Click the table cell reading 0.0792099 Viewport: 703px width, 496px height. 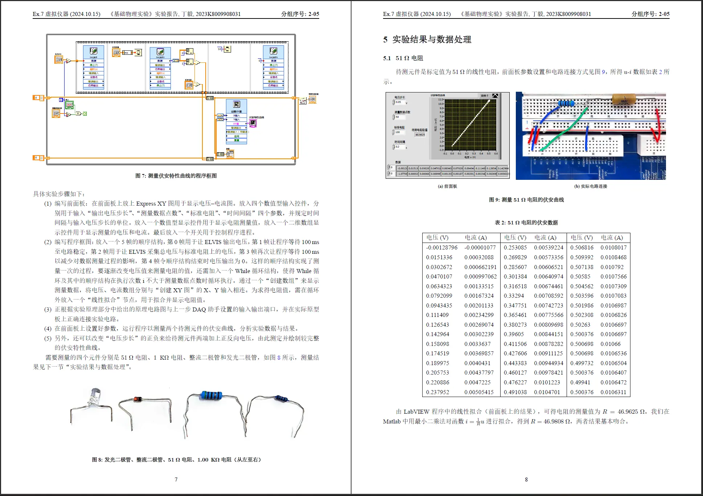coord(439,296)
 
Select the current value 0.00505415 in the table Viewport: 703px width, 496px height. coord(479,392)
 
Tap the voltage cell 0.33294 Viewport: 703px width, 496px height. coord(514,296)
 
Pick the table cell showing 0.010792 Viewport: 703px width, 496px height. coord(612,267)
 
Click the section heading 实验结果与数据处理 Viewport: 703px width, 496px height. coord(432,40)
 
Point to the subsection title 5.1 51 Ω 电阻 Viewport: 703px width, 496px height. coord(403,58)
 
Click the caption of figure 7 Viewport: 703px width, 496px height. coord(176,176)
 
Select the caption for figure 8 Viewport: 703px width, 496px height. coord(176,460)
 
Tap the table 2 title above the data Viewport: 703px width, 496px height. coord(526,223)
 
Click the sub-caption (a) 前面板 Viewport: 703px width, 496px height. coord(447,186)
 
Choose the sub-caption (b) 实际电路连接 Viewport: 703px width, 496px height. coord(591,186)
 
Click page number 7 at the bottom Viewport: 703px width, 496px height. coord(176,479)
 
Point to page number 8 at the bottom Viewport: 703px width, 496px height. coord(526,479)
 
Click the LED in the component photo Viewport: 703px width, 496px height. coord(94,396)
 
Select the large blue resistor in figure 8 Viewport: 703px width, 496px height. coord(211,395)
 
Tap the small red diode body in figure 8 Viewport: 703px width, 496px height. coord(137,399)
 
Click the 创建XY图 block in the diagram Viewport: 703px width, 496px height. coord(237,112)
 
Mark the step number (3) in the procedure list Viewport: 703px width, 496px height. coord(48,310)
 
